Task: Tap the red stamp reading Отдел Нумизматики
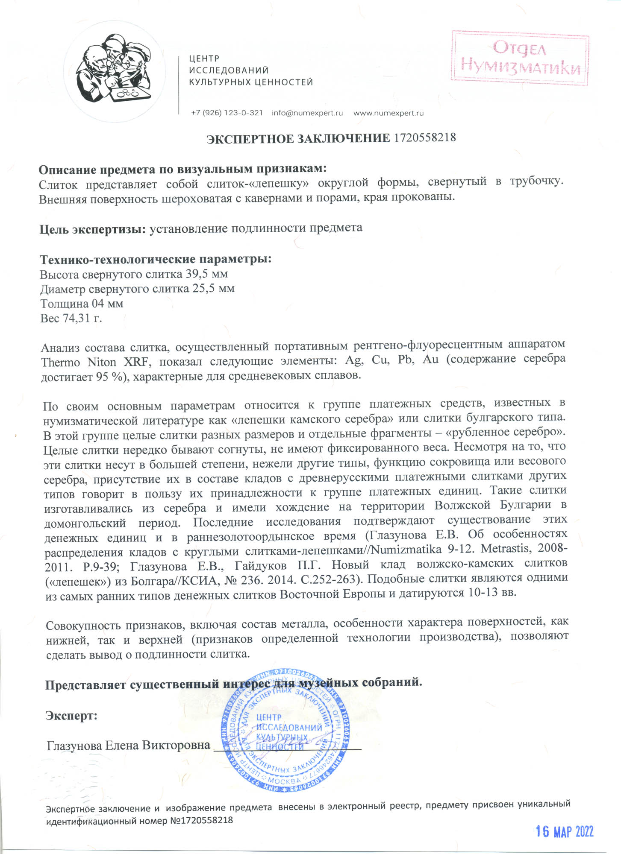click(x=520, y=58)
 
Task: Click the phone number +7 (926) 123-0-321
click(x=227, y=113)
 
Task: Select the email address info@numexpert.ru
click(x=307, y=113)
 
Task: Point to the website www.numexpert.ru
click(x=388, y=113)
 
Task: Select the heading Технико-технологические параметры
click(x=156, y=259)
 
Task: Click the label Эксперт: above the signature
click(x=71, y=715)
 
